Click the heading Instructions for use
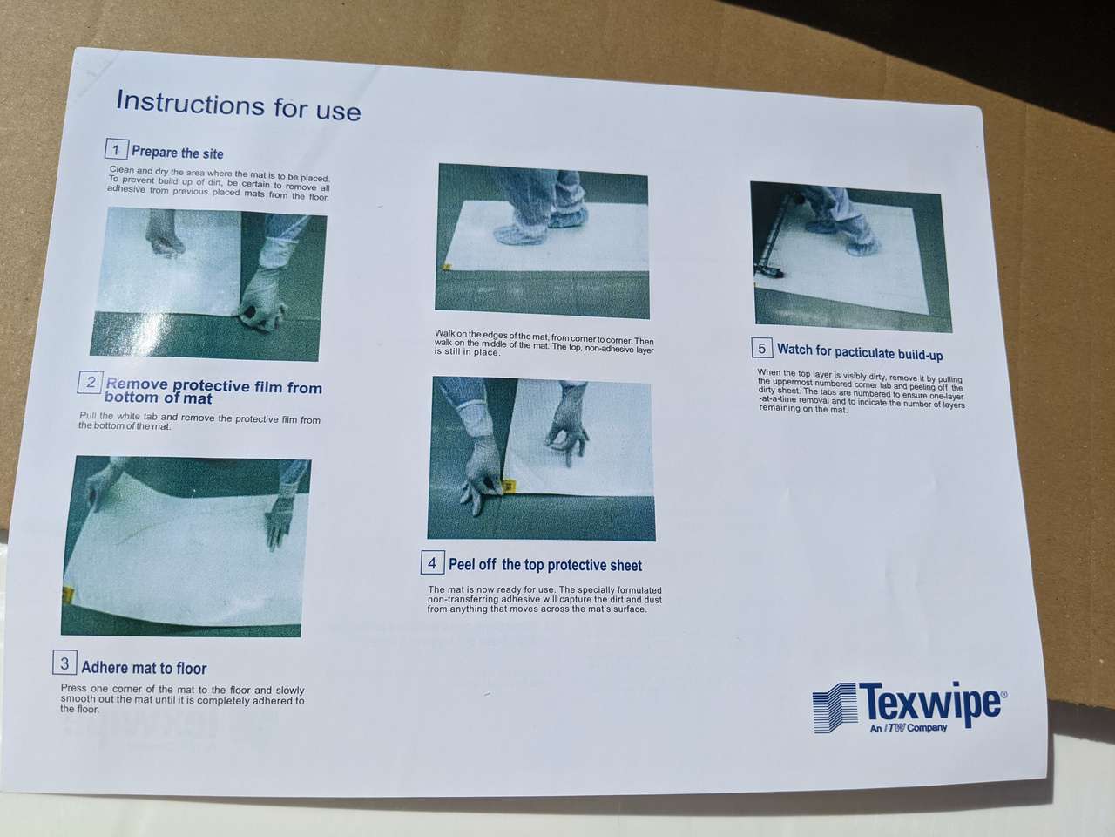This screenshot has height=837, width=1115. [x=238, y=105]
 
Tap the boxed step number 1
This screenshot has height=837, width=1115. [x=117, y=149]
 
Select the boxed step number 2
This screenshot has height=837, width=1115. [x=91, y=382]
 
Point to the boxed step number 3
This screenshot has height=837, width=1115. [x=64, y=663]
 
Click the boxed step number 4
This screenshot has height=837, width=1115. [x=432, y=562]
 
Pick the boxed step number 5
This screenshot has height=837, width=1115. [x=762, y=348]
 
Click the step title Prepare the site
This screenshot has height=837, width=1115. [x=178, y=153]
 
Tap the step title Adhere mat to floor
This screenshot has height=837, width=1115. [x=145, y=668]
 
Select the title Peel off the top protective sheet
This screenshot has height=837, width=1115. [x=545, y=565]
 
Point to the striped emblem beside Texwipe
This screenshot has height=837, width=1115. [x=835, y=708]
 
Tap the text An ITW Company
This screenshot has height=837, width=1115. [x=909, y=728]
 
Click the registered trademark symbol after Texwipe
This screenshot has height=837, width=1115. [x=1003, y=694]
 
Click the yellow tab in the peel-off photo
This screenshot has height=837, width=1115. [x=510, y=487]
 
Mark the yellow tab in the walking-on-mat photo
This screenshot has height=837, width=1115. [x=447, y=266]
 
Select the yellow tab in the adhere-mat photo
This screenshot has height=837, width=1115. [x=68, y=595]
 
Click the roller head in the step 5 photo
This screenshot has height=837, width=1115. [x=768, y=271]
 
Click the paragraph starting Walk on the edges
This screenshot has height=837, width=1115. [x=544, y=343]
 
